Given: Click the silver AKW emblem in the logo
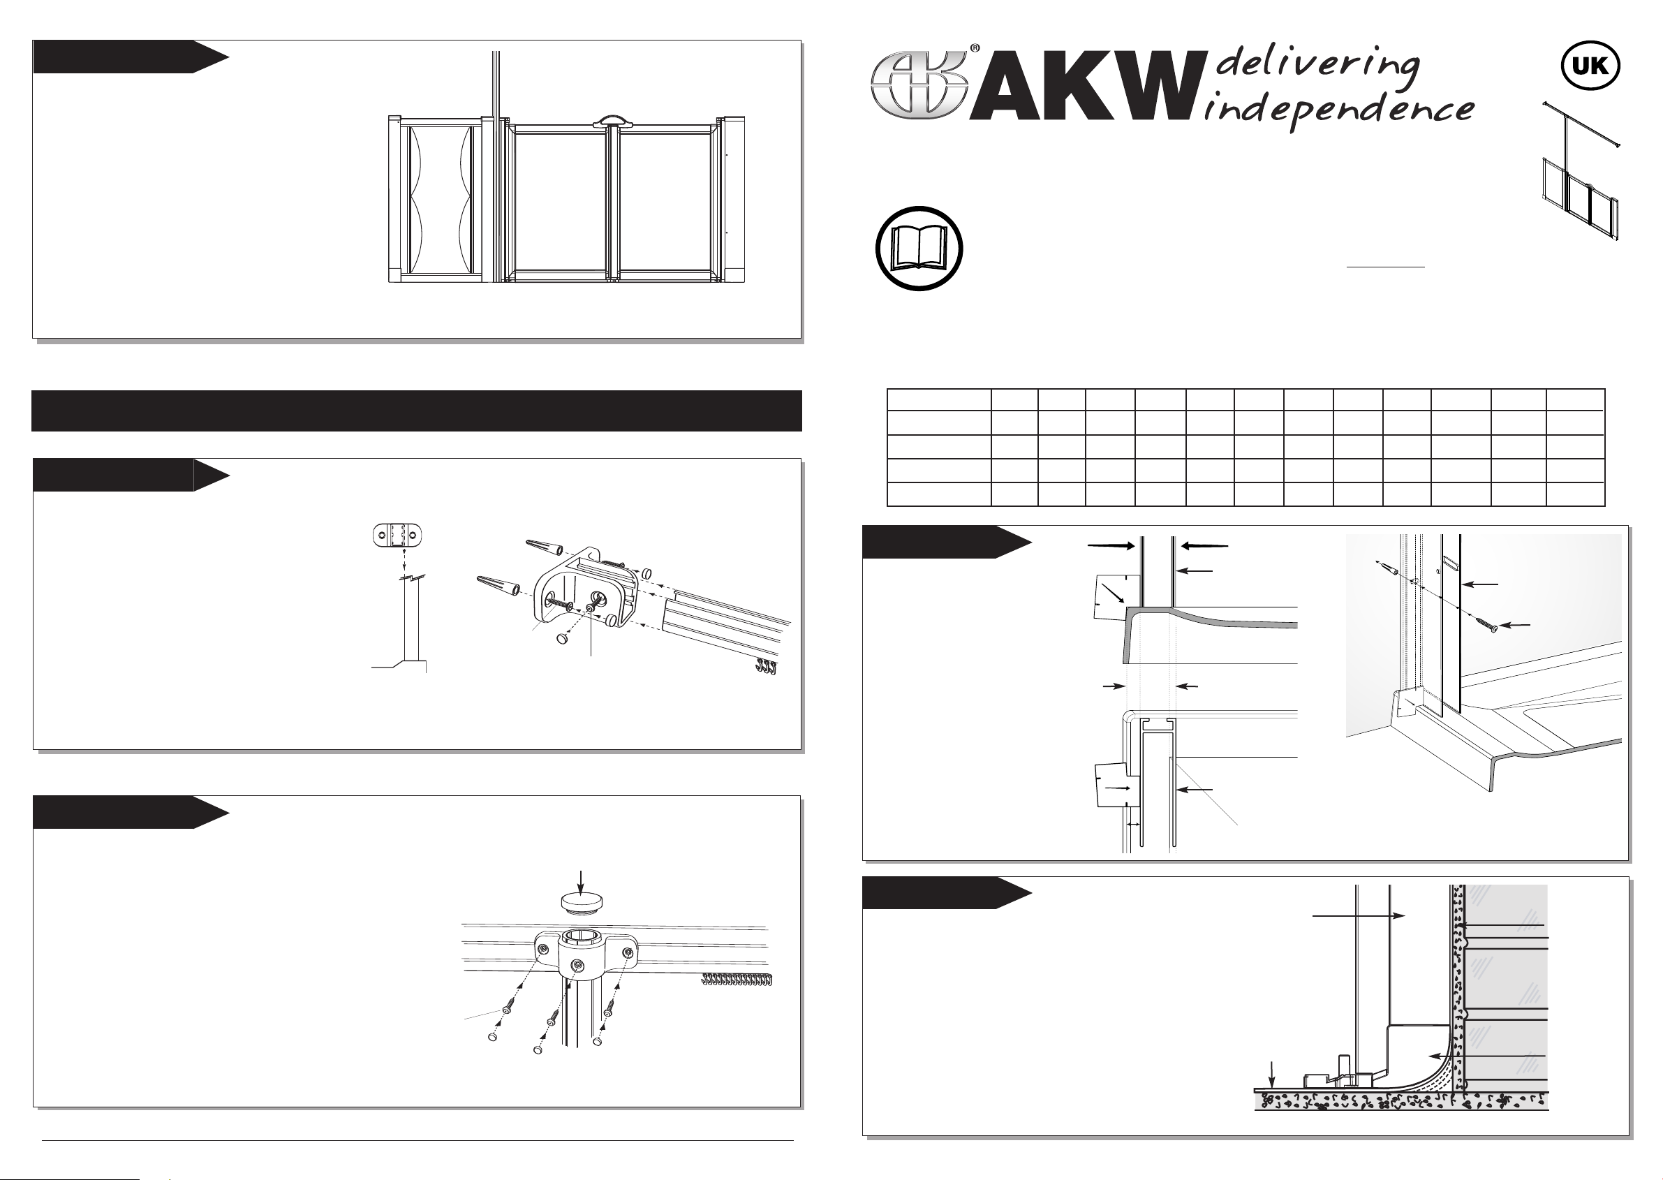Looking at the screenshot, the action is pos(919,85).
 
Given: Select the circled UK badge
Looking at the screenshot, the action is pos(1590,66).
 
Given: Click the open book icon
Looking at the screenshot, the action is pos(919,249).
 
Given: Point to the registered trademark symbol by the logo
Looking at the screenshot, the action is pos(974,49).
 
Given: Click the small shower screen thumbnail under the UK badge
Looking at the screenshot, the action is pos(1581,172).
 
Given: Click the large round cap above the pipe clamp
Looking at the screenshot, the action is pos(579,902).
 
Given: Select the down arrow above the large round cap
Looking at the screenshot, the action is pos(579,880).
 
